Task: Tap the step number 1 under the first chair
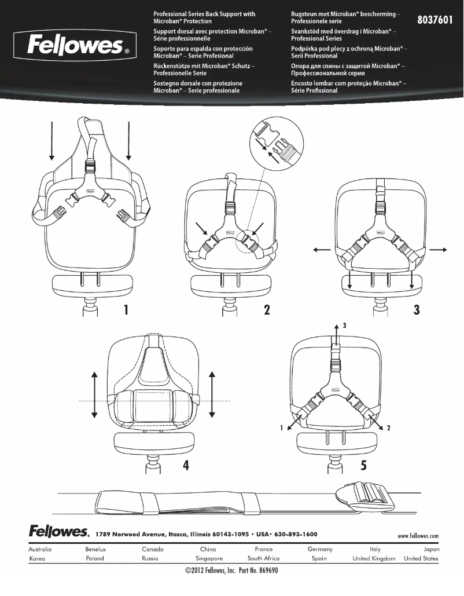coord(125,310)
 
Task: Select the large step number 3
coord(417,310)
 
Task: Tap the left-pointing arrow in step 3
coord(322,250)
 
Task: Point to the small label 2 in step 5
coord(389,429)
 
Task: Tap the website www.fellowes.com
coord(418,536)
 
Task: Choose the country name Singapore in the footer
coord(209,559)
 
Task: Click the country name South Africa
coord(263,559)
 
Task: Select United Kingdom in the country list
coord(374,559)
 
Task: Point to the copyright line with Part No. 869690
coord(231,572)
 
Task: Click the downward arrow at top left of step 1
coord(52,139)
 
